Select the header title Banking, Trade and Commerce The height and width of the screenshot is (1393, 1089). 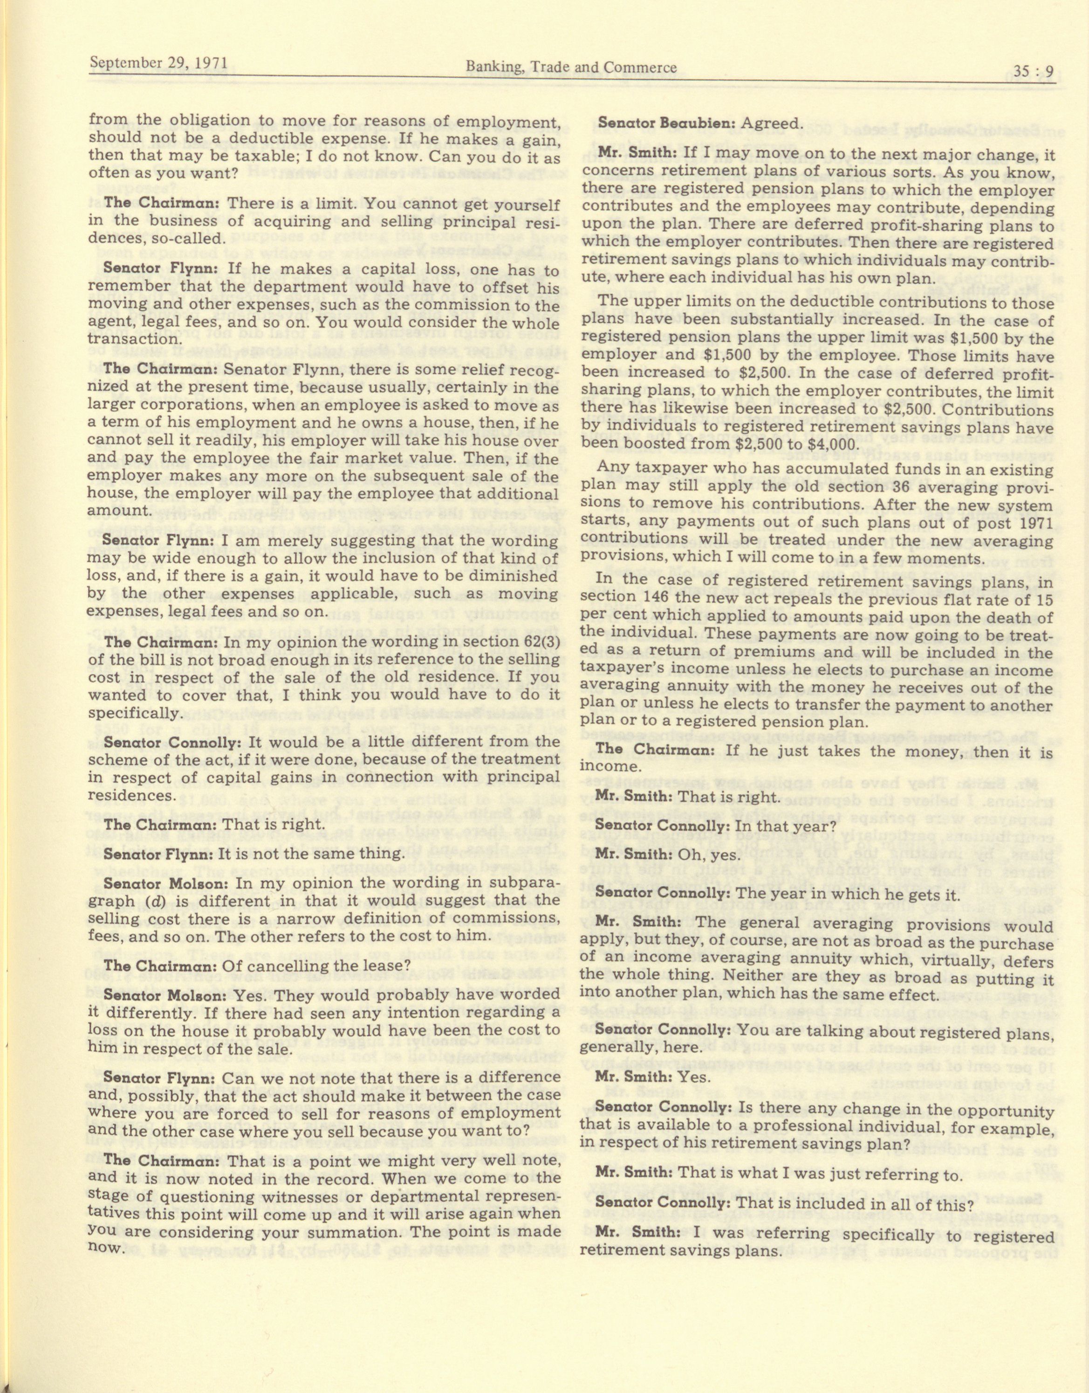click(x=571, y=67)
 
